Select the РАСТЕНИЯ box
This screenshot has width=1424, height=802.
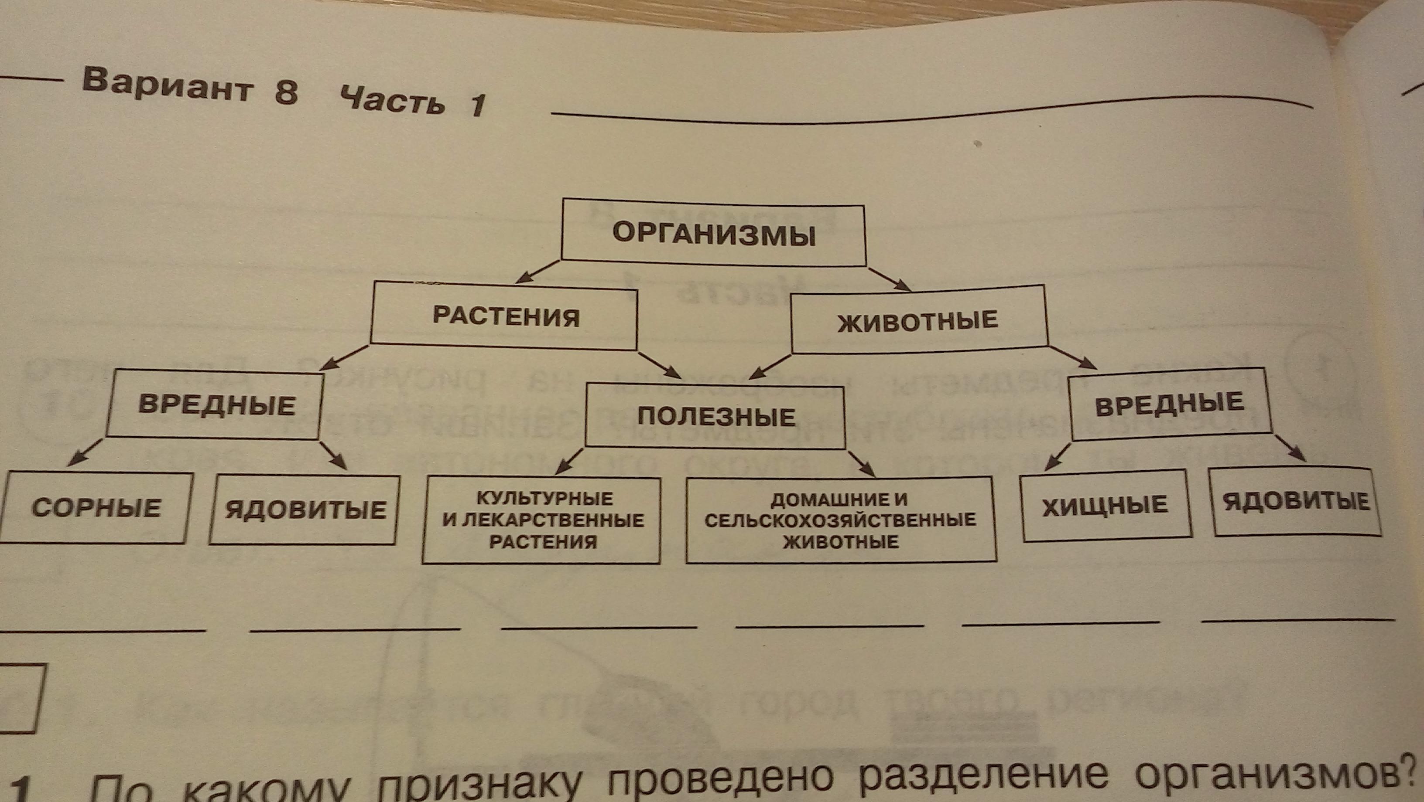coord(504,316)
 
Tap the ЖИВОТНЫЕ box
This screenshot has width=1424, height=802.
coord(919,321)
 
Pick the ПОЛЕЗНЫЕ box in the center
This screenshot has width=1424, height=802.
coord(715,416)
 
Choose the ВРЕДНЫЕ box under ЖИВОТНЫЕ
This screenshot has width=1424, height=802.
coord(1170,404)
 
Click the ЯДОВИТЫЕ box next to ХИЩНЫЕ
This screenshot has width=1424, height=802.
coord(1296,502)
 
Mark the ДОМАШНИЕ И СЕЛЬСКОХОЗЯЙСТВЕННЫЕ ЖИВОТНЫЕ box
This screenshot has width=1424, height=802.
coord(840,520)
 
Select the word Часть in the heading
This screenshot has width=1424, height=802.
coord(393,99)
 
